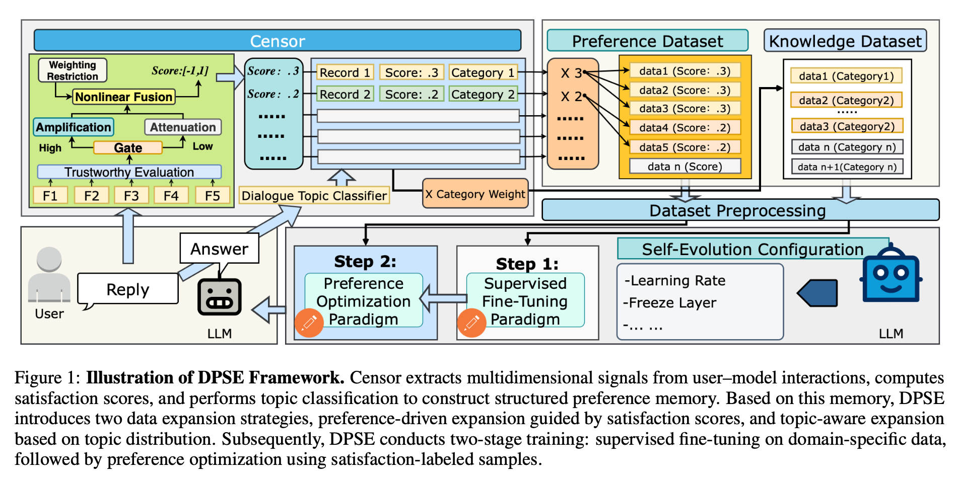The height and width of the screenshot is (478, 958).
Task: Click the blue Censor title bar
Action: point(277,41)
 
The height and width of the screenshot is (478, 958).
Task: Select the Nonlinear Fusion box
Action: point(124,97)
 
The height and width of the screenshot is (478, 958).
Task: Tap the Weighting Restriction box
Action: point(73,70)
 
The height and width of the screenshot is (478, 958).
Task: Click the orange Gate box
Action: point(128,147)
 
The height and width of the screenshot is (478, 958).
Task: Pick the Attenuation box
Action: point(183,127)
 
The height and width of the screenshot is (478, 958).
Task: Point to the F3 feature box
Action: point(131,195)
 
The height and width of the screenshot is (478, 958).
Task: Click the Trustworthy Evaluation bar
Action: point(129,172)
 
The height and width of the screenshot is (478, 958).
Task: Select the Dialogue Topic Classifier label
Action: point(314,195)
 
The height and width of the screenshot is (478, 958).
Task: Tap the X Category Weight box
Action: point(475,194)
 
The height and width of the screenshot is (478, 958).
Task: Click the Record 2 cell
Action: point(345,94)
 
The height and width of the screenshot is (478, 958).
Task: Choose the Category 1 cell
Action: point(483,72)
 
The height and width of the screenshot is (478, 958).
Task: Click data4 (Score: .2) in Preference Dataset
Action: point(685,127)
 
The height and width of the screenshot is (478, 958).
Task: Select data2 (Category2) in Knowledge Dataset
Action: point(846,100)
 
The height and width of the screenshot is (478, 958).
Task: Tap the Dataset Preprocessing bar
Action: point(737,210)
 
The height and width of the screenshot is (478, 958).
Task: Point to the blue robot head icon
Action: point(891,275)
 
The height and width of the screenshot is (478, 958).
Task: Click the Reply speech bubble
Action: point(128,289)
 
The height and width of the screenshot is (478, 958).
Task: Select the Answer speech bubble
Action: point(219,249)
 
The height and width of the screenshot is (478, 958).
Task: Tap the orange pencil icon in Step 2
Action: point(309,323)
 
